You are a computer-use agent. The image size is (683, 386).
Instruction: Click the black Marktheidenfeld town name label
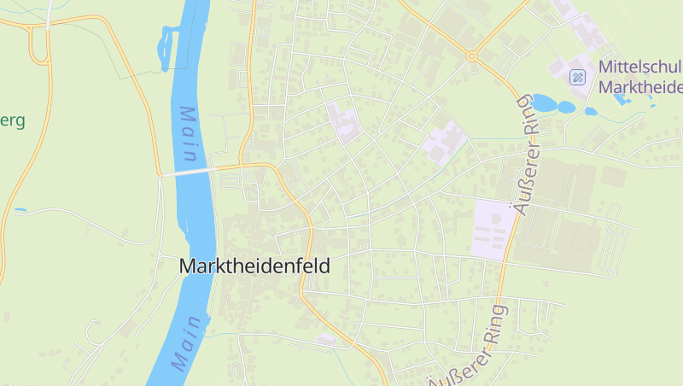254,266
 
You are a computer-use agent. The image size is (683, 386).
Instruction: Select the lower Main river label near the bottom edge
190,342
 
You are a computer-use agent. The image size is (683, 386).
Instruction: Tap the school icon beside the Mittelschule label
578,78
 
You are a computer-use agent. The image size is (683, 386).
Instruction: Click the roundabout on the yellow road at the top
471,56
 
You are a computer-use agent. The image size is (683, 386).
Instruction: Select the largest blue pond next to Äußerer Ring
544,103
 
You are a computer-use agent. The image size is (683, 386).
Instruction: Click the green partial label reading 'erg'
12,120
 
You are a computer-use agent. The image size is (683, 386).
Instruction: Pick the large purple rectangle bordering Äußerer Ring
493,228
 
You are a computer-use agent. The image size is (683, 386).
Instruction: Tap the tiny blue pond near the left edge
20,209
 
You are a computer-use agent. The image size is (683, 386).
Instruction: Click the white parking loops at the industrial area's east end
610,248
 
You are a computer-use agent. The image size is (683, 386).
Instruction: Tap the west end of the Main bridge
162,175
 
